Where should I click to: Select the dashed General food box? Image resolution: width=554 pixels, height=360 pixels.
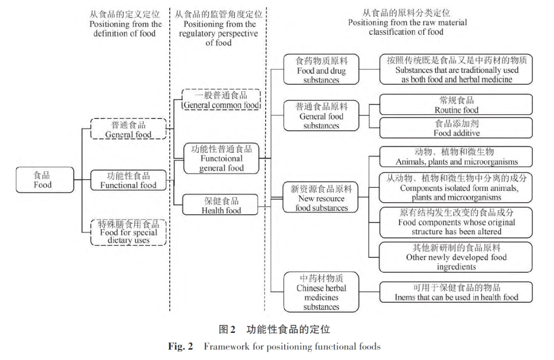tap(128, 129)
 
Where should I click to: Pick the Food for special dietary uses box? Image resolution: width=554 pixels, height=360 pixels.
tap(128, 232)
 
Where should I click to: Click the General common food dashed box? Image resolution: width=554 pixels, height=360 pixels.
tap(222, 100)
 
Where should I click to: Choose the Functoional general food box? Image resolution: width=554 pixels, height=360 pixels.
tap(222, 158)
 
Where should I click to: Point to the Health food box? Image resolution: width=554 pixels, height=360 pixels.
tap(222, 205)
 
